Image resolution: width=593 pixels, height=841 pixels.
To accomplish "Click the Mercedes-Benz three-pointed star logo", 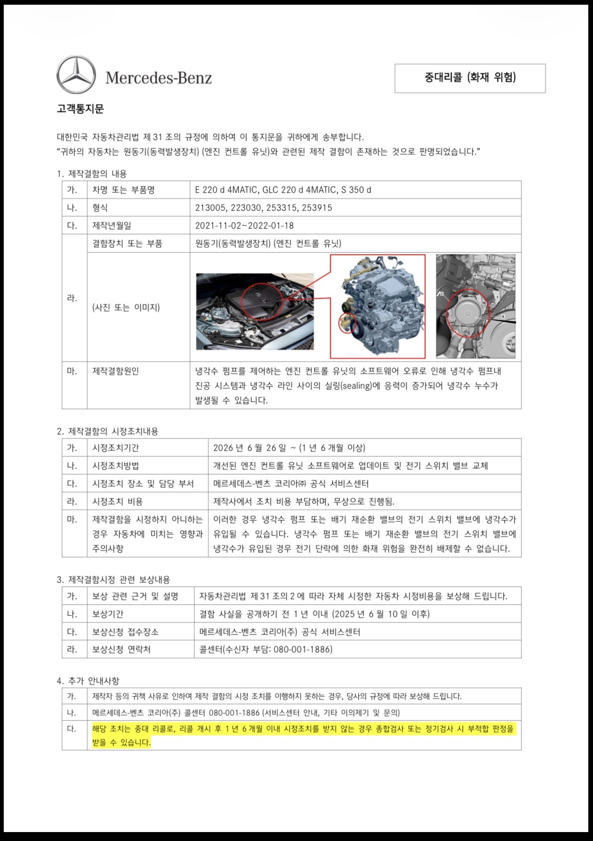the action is pos(76,75).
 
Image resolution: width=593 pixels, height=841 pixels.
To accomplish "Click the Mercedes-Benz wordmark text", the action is pos(159,78).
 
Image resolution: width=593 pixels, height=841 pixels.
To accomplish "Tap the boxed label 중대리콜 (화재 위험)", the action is pos(470,78).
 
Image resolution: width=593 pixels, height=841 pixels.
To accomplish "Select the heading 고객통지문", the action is pos(80,109).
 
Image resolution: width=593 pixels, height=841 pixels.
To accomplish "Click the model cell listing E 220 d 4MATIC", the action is pos(283,190).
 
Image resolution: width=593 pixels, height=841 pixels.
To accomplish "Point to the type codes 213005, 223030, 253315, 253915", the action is pos(264,208).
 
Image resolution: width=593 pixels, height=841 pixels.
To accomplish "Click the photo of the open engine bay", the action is pos(255,311).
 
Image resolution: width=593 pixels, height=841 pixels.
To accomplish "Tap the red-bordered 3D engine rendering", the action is pos(378,307).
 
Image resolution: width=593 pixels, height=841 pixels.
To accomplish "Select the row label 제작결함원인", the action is pos(115,371).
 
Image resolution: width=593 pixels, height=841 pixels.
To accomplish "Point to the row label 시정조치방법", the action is pos(115,466).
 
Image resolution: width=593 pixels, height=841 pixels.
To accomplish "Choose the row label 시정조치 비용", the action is pos(118,501).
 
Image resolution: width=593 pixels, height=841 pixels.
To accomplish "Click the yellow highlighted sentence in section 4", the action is pos(303,736).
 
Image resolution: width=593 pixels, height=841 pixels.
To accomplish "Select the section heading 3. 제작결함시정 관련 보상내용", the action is pos(113,580).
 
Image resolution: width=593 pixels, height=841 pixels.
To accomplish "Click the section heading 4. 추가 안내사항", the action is pos(88,681).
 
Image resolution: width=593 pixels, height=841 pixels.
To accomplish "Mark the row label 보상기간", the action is pos(108,614).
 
